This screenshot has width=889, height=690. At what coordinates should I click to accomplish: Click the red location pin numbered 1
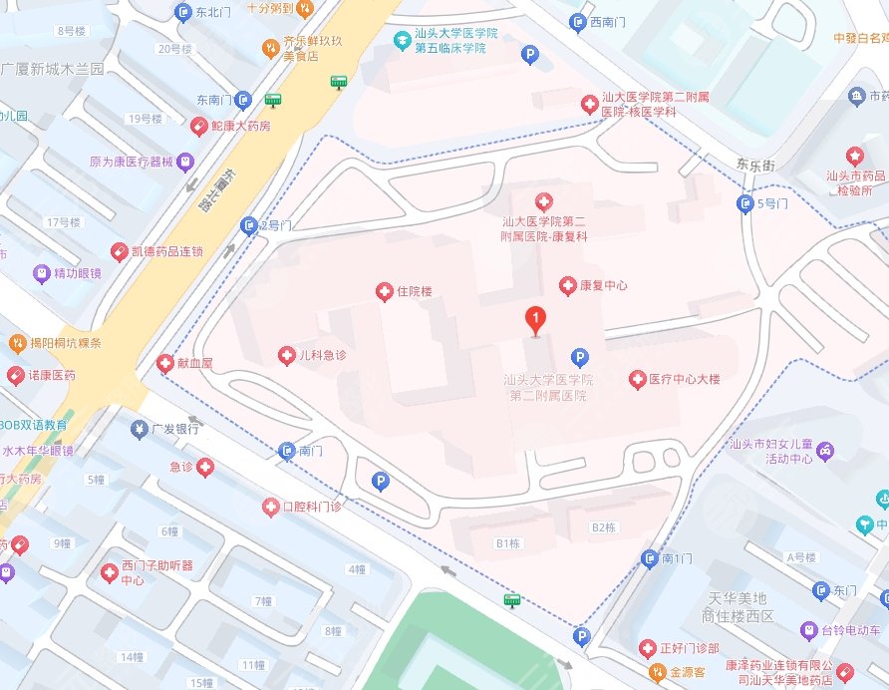(536, 320)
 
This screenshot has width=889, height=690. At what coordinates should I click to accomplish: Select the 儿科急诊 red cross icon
(285, 355)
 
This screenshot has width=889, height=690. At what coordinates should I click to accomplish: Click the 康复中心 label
(603, 285)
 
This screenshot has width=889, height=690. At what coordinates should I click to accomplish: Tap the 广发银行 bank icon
(139, 429)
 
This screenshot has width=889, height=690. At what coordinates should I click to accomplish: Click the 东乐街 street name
(754, 164)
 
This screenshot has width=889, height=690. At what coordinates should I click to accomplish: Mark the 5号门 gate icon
(744, 203)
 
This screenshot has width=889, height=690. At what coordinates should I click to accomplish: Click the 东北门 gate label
(213, 12)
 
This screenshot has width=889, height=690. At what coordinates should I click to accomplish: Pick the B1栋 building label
(508, 542)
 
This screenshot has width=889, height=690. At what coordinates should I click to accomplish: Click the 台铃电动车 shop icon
(809, 630)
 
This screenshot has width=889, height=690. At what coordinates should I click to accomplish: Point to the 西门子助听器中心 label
(157, 573)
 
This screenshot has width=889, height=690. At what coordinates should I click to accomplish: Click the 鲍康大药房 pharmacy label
(242, 127)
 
